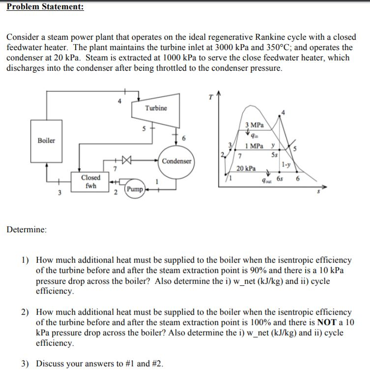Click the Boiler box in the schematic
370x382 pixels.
click(47, 140)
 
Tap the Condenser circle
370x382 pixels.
click(176, 161)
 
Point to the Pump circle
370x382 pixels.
click(134, 189)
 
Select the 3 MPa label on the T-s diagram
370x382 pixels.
click(254, 125)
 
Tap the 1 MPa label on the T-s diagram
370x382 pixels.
click(254, 146)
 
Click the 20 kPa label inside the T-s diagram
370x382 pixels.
click(245, 168)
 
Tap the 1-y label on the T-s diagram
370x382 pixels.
click(285, 166)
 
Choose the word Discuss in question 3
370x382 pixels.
click(51, 364)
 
